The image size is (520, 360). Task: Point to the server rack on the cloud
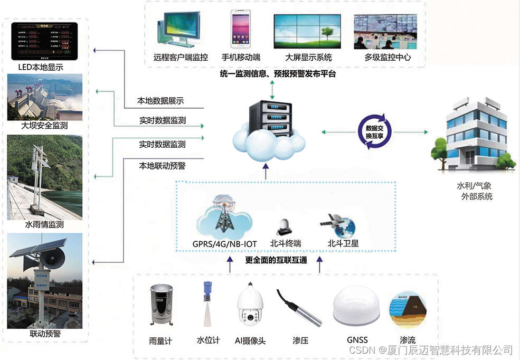click(269, 119)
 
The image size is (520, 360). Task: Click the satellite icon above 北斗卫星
click(337, 225)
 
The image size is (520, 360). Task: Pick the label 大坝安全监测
click(45, 126)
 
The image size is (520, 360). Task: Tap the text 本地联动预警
click(162, 166)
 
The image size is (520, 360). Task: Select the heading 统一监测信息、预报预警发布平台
click(278, 74)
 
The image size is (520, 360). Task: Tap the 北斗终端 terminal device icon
click(285, 226)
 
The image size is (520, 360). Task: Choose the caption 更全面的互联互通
click(276, 260)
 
